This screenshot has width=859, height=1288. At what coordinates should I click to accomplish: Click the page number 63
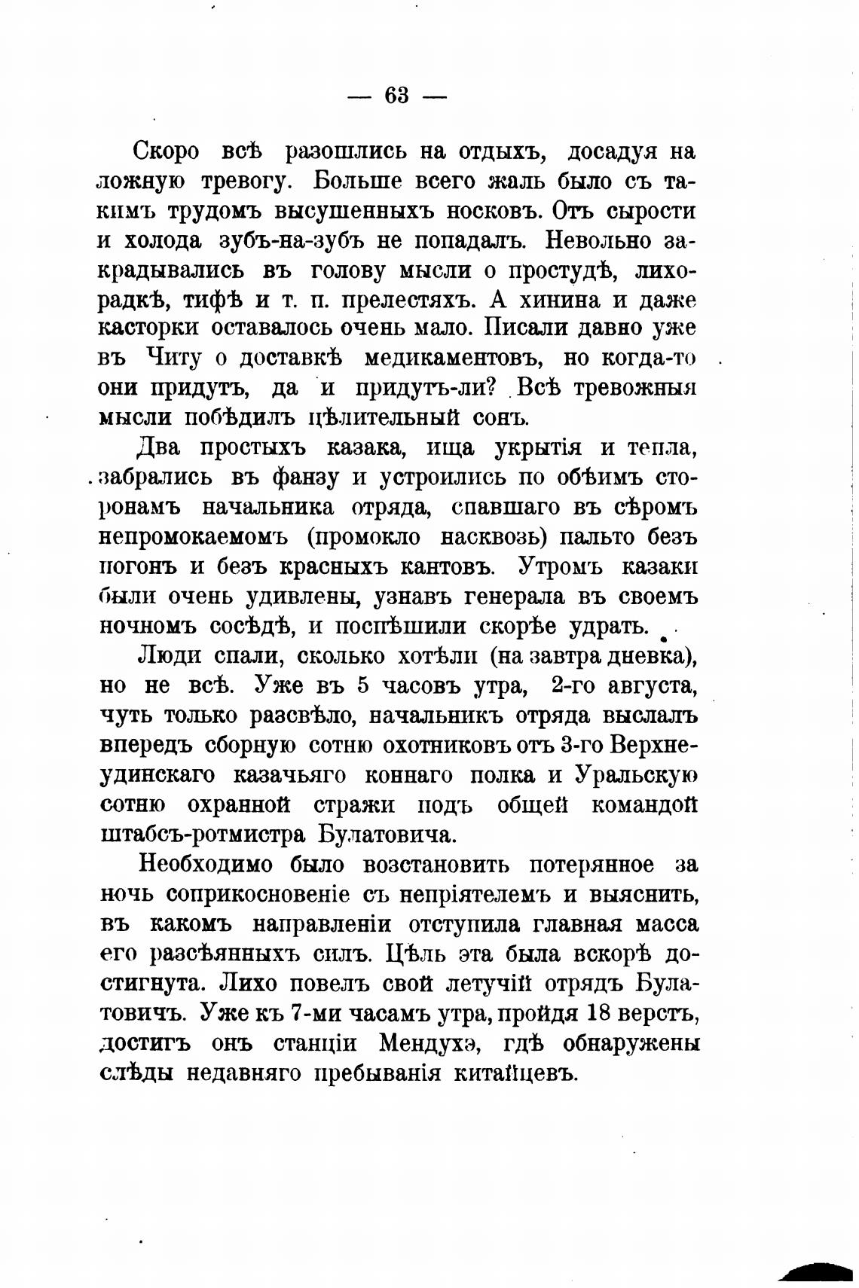(396, 96)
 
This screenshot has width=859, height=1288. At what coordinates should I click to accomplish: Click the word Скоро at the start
(167, 151)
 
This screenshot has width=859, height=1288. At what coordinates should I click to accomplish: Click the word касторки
(149, 328)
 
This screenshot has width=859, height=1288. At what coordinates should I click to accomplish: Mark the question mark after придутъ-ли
(488, 387)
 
